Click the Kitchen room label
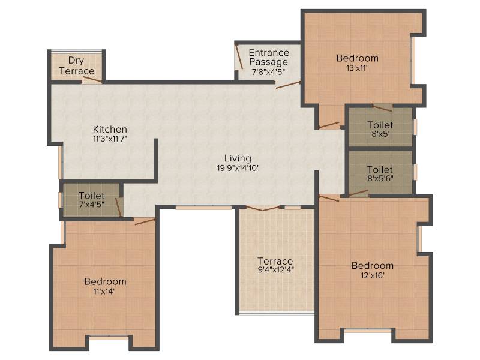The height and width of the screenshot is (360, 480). coord(110,129)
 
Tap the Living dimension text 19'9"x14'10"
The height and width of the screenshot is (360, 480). coord(238,168)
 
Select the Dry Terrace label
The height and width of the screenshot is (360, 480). coord(77,65)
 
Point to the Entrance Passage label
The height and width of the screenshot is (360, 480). coord(269,57)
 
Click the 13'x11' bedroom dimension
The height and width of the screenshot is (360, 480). coord(357,68)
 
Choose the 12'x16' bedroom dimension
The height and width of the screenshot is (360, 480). coord(372,275)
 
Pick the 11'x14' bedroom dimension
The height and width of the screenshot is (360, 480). coord(104,292)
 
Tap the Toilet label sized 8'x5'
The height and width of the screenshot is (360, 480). coord(380,125)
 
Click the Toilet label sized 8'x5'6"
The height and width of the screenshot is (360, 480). coord(380,169)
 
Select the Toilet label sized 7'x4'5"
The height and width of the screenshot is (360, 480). coord(92,196)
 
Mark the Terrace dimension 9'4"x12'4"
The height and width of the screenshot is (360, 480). coord(276,270)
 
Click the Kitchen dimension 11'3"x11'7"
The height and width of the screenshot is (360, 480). coord(110,139)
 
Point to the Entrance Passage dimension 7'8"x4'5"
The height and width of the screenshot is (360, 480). coord(268,72)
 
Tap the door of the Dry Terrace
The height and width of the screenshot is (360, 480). coord(92,80)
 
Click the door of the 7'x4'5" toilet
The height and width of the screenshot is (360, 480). coord(119,207)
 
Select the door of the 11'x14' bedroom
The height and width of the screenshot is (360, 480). coord(145,221)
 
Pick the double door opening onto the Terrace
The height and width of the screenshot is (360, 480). coord(263,208)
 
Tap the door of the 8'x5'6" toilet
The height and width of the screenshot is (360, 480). coord(358,193)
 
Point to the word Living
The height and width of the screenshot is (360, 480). coord(238,158)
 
